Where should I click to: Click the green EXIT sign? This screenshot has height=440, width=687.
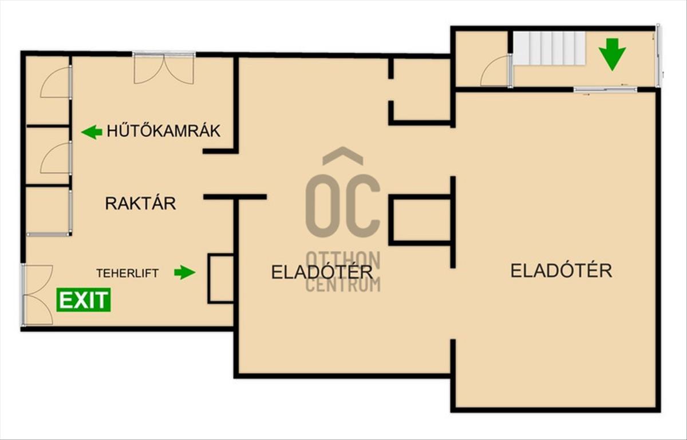[x=84, y=300]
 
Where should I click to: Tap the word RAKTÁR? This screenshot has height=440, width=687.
[x=140, y=204]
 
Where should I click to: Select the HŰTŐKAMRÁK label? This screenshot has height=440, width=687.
[x=164, y=131]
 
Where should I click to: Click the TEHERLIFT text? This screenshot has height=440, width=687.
[x=128, y=273]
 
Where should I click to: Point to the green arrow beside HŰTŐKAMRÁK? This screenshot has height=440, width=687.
[x=92, y=132]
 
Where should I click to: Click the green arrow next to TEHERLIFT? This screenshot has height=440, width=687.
[x=184, y=272]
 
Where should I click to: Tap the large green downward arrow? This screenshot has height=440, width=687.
[x=613, y=54]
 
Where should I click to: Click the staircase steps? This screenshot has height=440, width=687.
[x=550, y=49]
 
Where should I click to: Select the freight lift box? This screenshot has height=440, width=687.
[x=221, y=279]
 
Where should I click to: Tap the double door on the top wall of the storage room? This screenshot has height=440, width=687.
[x=164, y=68]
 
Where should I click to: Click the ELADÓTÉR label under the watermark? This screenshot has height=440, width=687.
[x=322, y=272]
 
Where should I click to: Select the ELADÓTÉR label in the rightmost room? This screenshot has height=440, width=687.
[x=561, y=271]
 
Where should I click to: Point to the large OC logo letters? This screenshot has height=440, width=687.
[x=343, y=206]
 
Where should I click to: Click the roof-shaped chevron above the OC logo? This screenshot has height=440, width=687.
[x=343, y=156]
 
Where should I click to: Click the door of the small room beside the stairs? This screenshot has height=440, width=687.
[x=495, y=70]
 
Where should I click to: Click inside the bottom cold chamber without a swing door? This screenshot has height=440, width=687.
[x=47, y=210]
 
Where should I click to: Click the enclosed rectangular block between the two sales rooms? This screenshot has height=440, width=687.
[x=420, y=220]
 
